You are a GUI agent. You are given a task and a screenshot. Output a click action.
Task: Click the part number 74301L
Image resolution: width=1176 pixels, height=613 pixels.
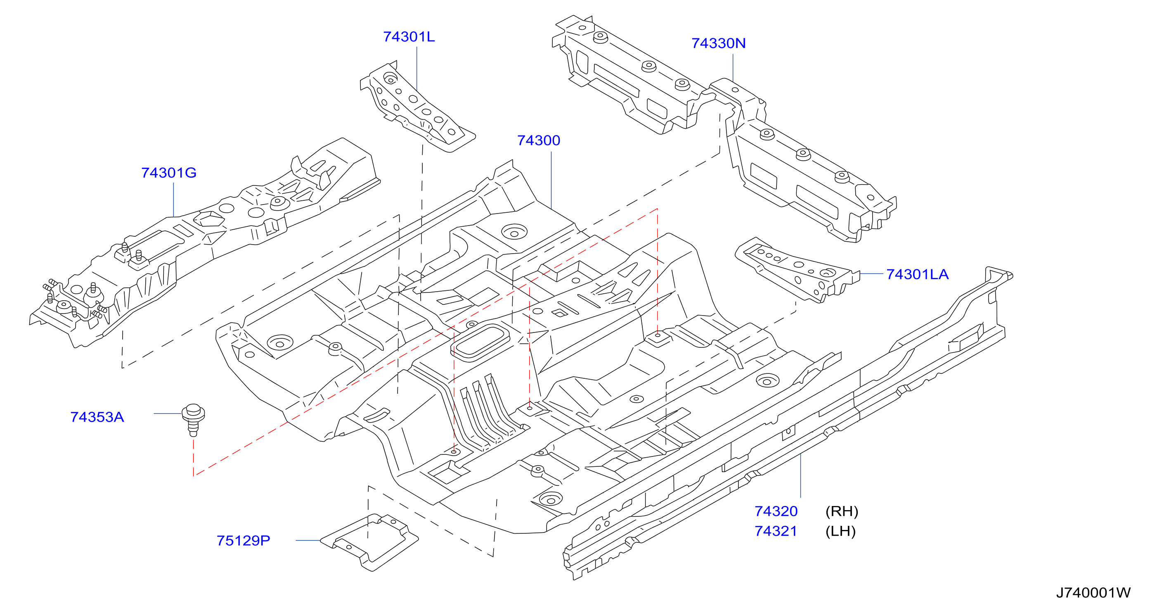tap(409, 36)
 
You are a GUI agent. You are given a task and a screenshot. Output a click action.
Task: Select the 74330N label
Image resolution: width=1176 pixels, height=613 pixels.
tap(718, 43)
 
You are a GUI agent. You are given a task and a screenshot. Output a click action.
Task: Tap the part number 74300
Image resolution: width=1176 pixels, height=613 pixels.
tap(538, 140)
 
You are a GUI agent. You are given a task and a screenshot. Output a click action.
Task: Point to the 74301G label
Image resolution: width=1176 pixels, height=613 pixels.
tap(168, 173)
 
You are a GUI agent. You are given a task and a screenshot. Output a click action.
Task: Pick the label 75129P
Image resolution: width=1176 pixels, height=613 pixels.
tap(243, 541)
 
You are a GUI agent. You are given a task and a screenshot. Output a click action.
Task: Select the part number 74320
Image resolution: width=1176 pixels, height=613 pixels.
tap(776, 511)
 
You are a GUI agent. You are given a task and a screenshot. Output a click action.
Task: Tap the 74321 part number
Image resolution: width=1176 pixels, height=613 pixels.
tap(776, 531)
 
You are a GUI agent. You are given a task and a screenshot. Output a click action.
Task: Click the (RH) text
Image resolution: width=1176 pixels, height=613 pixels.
tap(841, 511)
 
